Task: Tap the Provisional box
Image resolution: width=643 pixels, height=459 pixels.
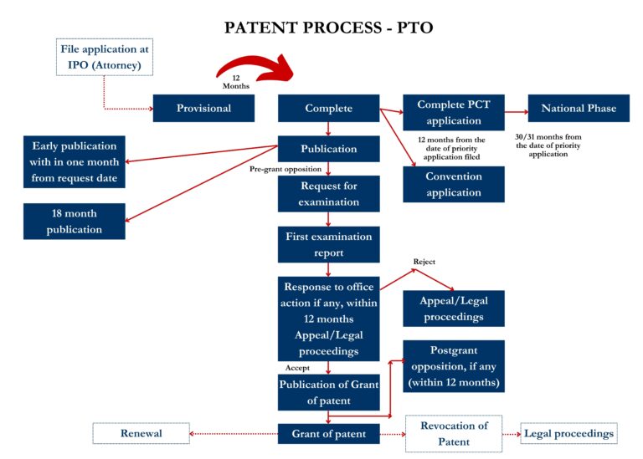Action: (203, 109)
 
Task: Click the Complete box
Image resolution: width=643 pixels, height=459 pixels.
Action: (328, 109)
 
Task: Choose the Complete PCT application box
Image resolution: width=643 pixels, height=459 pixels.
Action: (454, 113)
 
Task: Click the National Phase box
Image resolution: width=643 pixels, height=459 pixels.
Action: (579, 109)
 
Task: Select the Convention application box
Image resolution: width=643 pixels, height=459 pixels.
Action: (454, 185)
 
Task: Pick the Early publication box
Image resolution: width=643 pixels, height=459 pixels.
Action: (75, 162)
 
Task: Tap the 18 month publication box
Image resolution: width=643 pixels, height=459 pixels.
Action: (75, 222)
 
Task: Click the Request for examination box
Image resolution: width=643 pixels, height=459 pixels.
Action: (328, 194)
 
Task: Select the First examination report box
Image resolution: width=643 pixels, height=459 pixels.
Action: (328, 244)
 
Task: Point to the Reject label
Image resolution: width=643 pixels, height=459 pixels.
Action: (424, 262)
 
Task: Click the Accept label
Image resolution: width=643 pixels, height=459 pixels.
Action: (297, 367)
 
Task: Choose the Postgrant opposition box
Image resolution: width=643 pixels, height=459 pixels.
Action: (454, 366)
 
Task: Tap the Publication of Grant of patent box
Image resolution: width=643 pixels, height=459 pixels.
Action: (328, 393)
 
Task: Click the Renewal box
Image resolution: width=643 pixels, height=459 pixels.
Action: (141, 433)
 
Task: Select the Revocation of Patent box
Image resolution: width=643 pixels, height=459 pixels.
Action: (454, 433)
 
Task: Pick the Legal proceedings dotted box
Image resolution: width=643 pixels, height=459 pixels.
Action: (568, 433)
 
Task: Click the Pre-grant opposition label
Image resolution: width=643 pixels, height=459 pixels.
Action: (285, 169)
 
